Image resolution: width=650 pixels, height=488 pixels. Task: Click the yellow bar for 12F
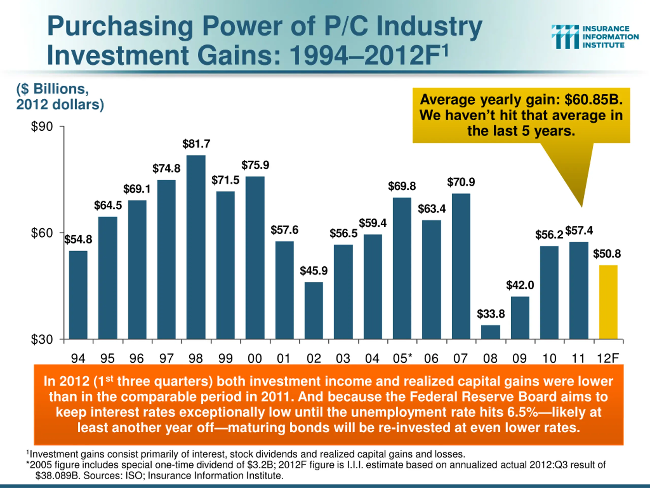608,302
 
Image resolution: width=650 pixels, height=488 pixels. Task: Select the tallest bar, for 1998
196,247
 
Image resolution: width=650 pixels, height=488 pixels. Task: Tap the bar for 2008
491,332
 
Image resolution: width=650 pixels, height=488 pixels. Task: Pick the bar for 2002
314,311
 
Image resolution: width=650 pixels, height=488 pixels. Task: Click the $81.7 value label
196,144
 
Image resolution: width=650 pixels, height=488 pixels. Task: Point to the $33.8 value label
491,314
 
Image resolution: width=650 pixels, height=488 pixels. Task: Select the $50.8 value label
607,254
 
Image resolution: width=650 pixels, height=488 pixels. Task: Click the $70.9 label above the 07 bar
461,182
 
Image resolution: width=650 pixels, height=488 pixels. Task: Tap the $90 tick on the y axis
42,127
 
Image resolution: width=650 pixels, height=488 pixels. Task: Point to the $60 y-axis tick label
42,233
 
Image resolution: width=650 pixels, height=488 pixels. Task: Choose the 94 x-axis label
78,358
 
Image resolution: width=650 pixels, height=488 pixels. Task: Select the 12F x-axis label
608,358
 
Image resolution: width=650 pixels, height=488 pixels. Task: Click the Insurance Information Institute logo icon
565,37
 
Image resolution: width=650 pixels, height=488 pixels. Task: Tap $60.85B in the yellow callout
593,100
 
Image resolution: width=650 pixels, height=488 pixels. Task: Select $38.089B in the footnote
58,476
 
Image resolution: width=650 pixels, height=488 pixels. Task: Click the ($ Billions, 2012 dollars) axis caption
60,97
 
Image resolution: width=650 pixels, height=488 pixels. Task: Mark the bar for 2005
402,268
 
